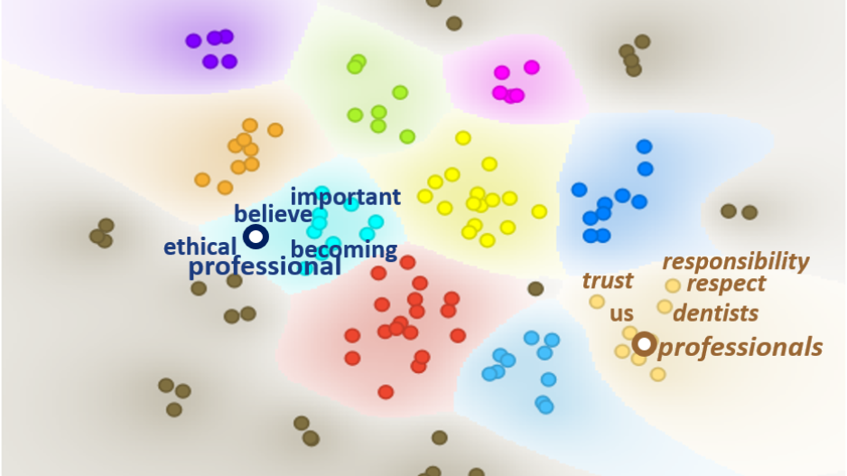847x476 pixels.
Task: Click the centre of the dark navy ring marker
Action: pos(256,237)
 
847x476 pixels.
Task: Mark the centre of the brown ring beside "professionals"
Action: pos(644,344)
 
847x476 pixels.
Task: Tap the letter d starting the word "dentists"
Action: pos(681,313)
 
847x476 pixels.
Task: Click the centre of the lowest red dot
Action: pos(386,392)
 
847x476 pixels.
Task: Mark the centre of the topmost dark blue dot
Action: pos(644,146)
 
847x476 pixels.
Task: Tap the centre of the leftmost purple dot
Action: pos(193,41)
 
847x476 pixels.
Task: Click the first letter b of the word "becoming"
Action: pos(297,249)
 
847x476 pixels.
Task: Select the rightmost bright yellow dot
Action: pos(539,211)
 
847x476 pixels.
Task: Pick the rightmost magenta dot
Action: pos(532,67)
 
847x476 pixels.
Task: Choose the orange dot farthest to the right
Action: pos(275,130)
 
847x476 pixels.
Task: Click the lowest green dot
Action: pos(407,136)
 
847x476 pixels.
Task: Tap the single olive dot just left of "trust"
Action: pos(535,288)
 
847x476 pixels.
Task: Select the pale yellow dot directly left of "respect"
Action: pos(673,285)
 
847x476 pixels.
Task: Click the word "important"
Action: pos(346,197)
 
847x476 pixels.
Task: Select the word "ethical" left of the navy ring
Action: pos(200,247)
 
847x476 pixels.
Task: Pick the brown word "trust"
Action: pos(608,281)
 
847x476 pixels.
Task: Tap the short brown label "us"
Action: pos(621,314)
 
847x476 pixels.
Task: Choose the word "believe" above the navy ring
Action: pos(273,214)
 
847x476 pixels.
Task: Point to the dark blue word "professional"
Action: pos(265,266)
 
